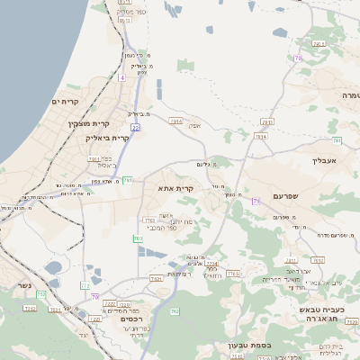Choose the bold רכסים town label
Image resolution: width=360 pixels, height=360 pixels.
(132, 319)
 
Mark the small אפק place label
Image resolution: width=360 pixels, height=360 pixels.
(193, 126)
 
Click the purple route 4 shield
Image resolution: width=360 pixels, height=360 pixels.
(122, 78)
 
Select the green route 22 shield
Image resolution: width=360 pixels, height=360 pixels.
(134, 128)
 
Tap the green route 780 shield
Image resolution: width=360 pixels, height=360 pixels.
(128, 180)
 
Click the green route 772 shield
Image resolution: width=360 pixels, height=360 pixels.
(85, 284)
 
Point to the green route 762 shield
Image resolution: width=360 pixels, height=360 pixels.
(138, 238)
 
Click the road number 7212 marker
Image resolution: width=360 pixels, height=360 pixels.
(30, 309)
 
